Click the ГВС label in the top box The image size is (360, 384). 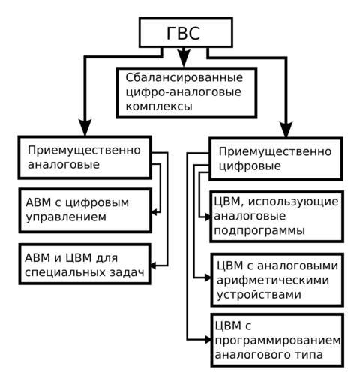coord(183,33)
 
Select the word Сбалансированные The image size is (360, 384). coord(184,77)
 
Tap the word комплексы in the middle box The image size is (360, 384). coord(159,106)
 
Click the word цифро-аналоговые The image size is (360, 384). coord(183,92)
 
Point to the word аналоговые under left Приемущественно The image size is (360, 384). coord(64,165)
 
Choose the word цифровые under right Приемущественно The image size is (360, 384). coord(250,166)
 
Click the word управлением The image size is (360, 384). coord(66,217)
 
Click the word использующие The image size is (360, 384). coord(293,202)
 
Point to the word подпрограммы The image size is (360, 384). coord(259,231)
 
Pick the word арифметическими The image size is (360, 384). coord(273,280)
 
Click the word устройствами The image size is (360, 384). coord(259,294)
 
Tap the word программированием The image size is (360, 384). coord(277,340)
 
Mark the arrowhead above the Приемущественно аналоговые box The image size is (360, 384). coord(85,127)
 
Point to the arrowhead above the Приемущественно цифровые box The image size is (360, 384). coord(286,129)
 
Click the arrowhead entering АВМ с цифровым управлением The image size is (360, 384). coord(155,212)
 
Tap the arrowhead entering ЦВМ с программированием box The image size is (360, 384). coord(208,340)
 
